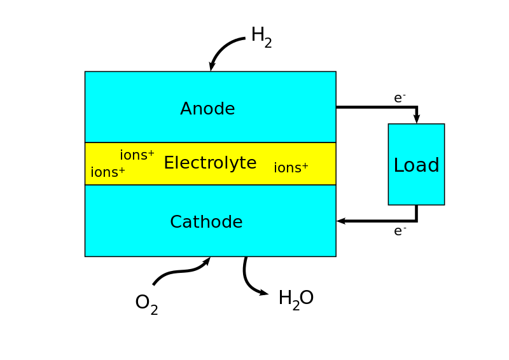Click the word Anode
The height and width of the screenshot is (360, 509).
point(207,109)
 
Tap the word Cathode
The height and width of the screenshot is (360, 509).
point(206,223)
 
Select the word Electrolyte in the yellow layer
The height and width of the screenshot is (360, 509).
point(210,163)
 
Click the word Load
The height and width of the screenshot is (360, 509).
point(416,166)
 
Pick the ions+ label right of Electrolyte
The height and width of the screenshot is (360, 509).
point(291,169)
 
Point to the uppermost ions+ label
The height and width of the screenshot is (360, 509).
point(137,156)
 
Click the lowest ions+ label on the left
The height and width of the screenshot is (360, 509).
point(108,173)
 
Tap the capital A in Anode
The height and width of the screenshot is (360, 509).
point(187,109)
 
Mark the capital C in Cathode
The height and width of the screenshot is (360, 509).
point(176,223)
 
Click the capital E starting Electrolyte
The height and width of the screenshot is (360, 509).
point(169,163)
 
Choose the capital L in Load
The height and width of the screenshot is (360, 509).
point(399,166)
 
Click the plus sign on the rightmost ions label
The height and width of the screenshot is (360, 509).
point(305,166)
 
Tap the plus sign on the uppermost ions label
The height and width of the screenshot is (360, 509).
point(151,153)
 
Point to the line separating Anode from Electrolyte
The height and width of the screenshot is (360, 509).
point(210,142)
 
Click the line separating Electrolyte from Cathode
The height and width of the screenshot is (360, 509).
point(210,185)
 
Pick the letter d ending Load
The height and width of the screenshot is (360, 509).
point(433,165)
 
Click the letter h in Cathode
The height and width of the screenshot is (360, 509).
point(210,223)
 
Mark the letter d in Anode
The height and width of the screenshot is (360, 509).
point(218,109)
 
